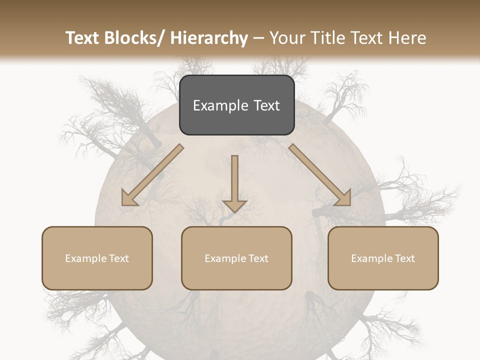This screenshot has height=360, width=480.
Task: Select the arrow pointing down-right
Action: coord(320,175)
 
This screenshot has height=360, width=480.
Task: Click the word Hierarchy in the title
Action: coord(209,38)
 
